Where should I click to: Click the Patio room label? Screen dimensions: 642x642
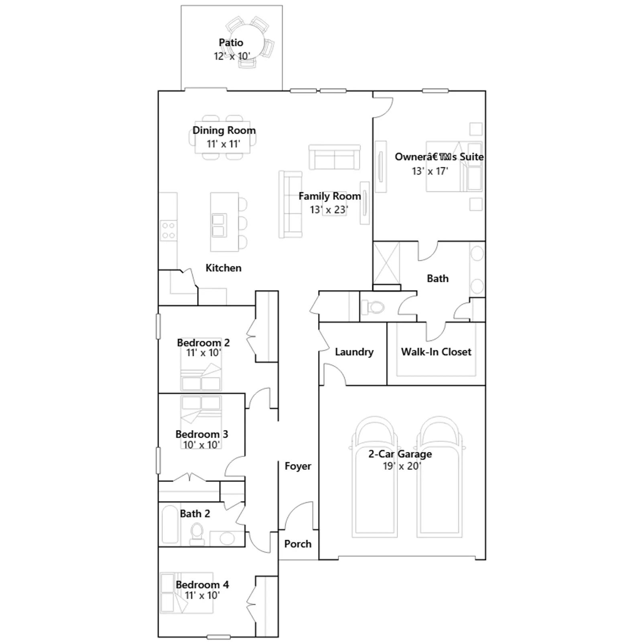click(231, 43)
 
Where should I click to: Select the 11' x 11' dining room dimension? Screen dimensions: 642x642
click(223, 144)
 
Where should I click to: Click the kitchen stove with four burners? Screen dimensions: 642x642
click(169, 231)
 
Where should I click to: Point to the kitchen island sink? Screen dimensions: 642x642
click(218, 226)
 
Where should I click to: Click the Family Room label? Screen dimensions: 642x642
click(329, 196)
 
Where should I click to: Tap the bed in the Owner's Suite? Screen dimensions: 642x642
click(454, 167)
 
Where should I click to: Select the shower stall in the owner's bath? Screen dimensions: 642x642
click(387, 263)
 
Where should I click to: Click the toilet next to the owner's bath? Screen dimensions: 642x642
click(373, 308)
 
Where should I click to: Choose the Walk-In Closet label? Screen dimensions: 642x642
click(436, 352)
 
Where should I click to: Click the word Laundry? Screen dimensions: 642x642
click(354, 352)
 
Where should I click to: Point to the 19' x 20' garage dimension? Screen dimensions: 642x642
click(401, 466)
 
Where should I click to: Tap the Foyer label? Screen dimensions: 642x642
click(298, 466)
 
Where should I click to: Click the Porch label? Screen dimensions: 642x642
click(298, 544)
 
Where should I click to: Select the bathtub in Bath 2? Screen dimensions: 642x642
click(170, 524)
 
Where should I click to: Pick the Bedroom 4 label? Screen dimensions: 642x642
click(202, 585)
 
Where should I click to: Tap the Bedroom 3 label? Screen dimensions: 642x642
click(202, 434)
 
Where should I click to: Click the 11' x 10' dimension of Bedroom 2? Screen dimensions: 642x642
click(203, 353)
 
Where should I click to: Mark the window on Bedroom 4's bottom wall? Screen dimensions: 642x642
click(218, 637)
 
